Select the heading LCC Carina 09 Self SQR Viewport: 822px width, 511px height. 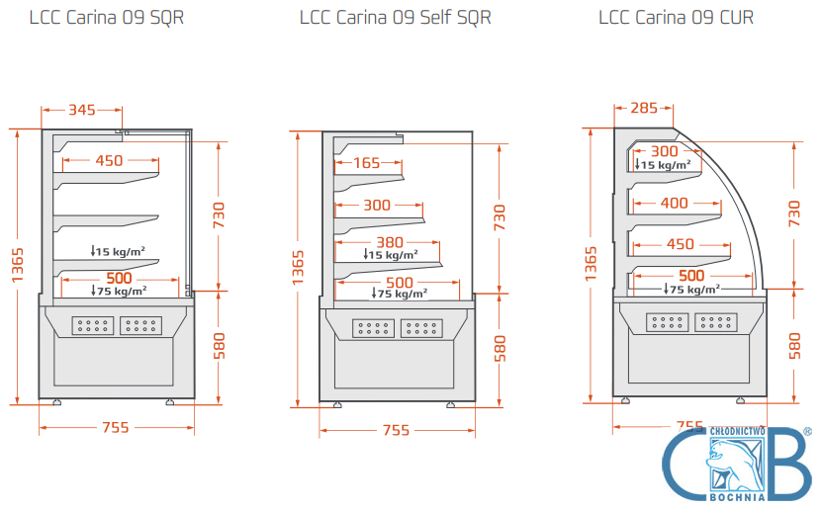395,18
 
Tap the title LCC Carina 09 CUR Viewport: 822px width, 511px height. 679,18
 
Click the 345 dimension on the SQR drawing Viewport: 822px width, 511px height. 82,110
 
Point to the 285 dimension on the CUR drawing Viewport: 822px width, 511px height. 643,109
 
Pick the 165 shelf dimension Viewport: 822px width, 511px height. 367,163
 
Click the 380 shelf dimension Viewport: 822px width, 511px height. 391,242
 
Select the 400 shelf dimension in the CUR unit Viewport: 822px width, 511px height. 674,204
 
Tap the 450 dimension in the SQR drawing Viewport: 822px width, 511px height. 109,160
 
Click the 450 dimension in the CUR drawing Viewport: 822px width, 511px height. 680,244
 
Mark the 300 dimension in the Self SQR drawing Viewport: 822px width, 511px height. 377,206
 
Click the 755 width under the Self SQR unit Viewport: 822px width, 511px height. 396,430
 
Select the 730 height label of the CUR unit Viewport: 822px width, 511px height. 794,213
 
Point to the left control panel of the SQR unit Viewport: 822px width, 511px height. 92,324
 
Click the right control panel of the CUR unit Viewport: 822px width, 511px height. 715,320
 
